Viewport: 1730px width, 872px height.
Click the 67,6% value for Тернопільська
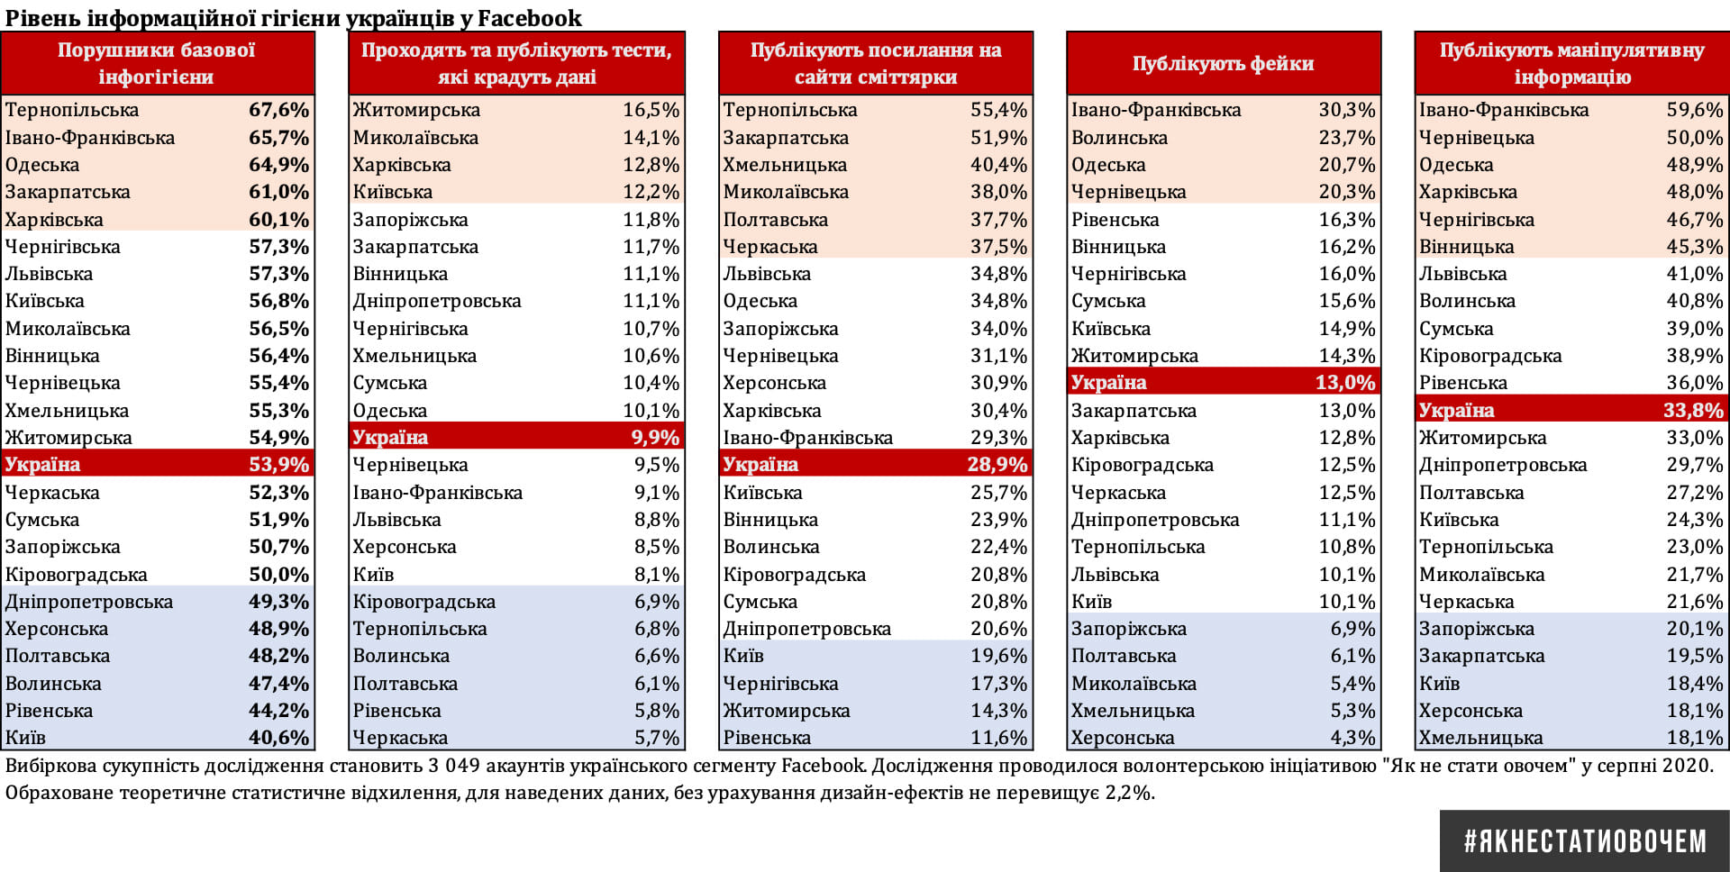coord(278,110)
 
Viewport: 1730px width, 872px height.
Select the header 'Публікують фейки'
coord(1223,63)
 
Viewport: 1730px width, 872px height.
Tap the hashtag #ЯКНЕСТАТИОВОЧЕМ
coord(1585,841)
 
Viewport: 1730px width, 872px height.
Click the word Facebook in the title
coord(529,18)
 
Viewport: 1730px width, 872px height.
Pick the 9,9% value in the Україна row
coord(655,438)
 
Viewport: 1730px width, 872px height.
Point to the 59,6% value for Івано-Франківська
coord(1694,110)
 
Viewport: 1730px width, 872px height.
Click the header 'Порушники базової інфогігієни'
coord(157,63)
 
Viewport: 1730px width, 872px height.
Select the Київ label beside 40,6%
coord(25,738)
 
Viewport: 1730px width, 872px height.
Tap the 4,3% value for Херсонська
coord(1352,738)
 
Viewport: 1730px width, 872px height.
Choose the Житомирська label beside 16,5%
coord(416,110)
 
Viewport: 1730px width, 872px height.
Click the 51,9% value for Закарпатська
coord(998,138)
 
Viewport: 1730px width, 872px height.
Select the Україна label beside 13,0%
coord(1108,383)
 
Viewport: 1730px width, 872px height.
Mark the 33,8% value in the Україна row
coord(1692,411)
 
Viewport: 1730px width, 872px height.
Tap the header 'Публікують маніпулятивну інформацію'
coord(1571,63)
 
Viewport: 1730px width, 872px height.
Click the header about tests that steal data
coord(516,63)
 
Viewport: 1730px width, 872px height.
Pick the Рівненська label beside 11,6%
coord(767,738)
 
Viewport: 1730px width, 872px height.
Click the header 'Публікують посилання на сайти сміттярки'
coord(876,63)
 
